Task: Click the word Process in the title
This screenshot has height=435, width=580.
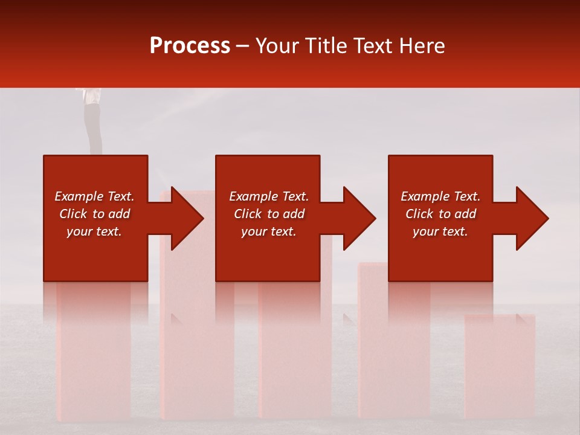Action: pos(190,46)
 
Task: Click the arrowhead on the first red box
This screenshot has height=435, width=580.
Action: pos(181,218)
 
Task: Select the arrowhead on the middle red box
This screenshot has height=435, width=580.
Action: pos(354,218)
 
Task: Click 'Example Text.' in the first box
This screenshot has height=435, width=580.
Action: pos(95,196)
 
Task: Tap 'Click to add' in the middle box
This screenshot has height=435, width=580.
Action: pos(269,214)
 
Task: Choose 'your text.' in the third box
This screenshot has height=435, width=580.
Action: pos(440,231)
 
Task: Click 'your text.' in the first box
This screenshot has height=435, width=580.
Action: pos(95,231)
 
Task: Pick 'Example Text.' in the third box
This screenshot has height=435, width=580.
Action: pos(440,196)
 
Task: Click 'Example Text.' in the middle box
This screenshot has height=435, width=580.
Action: pos(269,196)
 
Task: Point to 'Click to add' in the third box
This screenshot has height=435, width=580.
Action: pos(440,214)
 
